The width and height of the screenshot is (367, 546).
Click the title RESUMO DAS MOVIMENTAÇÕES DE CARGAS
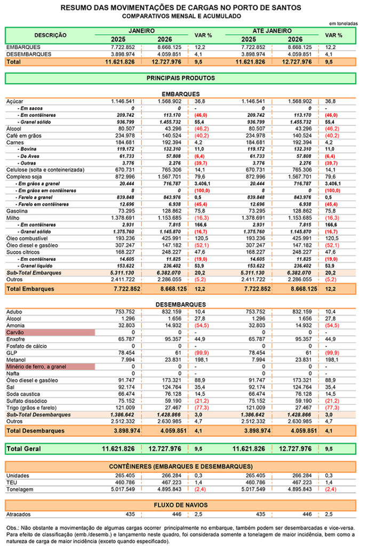click(181, 8)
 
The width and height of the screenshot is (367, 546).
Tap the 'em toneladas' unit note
click(343, 24)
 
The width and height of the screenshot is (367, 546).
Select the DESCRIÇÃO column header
click(51, 35)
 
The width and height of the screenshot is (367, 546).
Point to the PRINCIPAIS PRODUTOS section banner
click(180, 78)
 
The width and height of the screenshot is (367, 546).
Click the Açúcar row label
click(15, 101)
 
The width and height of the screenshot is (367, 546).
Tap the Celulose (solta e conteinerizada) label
click(45, 170)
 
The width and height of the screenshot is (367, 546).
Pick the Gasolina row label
click(18, 211)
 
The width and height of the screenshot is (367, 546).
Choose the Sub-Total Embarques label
click(34, 273)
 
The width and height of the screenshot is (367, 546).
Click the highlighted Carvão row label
click(15, 332)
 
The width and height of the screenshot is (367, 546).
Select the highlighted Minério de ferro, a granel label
click(37, 367)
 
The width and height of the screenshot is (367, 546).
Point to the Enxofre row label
click(17, 339)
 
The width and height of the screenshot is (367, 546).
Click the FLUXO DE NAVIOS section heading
click(180, 504)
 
